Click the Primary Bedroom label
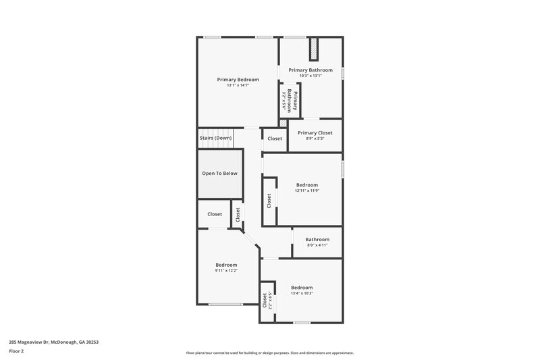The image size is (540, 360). click(x=238, y=79)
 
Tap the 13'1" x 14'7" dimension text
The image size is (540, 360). click(x=238, y=85)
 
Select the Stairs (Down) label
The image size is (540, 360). click(x=216, y=138)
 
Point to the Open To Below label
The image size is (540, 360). click(x=220, y=174)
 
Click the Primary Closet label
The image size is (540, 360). click(x=315, y=133)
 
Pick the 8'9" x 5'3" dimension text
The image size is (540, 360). click(x=315, y=139)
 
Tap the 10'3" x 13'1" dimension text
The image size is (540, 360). click(x=310, y=76)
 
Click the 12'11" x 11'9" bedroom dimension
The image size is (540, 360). click(x=306, y=190)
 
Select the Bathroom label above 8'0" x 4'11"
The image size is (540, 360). click(x=317, y=239)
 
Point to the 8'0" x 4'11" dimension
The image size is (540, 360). click(x=317, y=245)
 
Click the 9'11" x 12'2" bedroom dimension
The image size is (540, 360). click(x=226, y=270)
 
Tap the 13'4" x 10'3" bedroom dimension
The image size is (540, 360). click(x=301, y=293)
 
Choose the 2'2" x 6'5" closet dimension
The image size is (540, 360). click(x=270, y=300)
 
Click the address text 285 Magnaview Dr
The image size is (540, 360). click(x=53, y=342)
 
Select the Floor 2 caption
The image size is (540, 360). click(x=17, y=351)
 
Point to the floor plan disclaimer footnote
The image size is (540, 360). click(x=270, y=353)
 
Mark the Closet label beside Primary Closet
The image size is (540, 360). click(x=275, y=138)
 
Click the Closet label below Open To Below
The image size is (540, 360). click(x=215, y=214)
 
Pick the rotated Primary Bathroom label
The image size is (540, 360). click(x=292, y=100)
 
